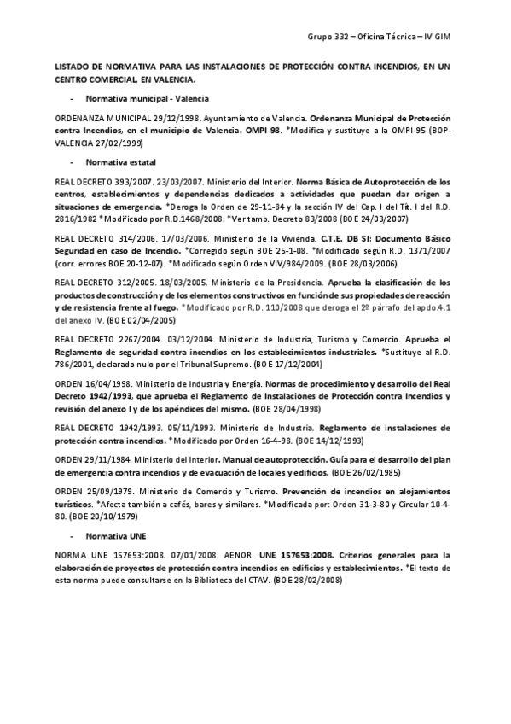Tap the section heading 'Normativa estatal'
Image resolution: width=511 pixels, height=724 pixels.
[115, 161]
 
